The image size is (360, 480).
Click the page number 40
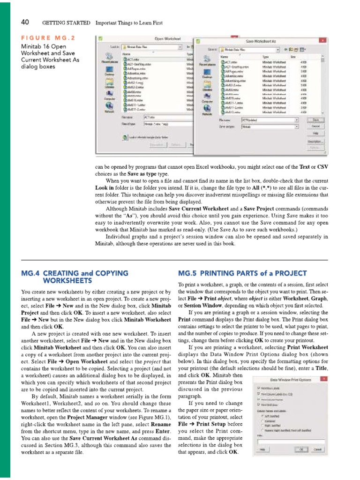click(25, 22)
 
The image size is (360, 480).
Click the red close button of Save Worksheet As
click(322, 41)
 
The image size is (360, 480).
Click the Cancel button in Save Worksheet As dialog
click(316, 127)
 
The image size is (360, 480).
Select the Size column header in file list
click(293, 55)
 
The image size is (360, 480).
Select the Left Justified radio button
click(261, 415)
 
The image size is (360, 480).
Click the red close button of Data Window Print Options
click(323, 379)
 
